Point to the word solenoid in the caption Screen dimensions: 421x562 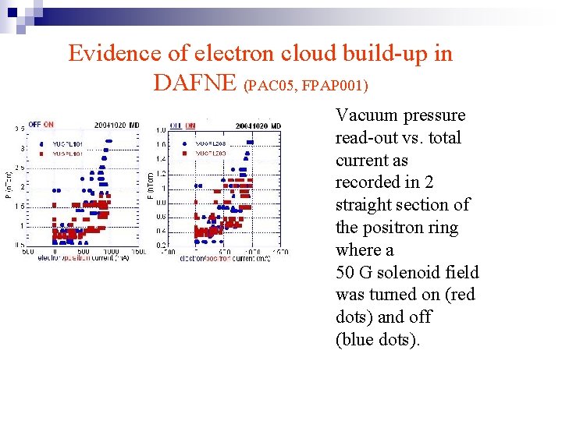tap(422, 272)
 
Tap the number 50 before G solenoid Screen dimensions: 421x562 tap(345, 272)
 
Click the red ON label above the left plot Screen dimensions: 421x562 tap(48, 125)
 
